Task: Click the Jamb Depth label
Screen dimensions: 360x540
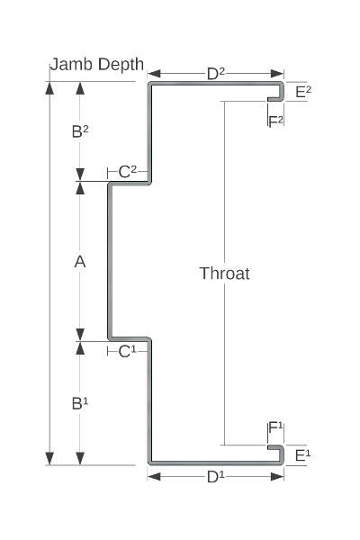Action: coord(97,65)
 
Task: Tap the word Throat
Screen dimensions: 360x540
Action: coord(225,274)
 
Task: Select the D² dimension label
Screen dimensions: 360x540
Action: coord(216,74)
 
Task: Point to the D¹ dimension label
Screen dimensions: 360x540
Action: coord(216,477)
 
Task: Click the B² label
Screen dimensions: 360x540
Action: coord(80,131)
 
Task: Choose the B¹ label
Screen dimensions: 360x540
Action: coord(80,403)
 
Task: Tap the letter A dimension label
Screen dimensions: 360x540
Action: coord(80,262)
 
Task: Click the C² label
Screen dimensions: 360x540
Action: coord(128,172)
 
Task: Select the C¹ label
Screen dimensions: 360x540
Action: coord(128,352)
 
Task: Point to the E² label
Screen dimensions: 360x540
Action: coord(303,92)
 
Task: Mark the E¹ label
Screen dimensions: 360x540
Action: coord(302,455)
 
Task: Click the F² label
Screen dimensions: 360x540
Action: coord(275,121)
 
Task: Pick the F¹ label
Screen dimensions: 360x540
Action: coord(275,427)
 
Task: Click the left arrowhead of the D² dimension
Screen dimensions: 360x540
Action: coord(154,74)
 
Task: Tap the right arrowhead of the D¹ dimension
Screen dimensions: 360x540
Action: coord(277,477)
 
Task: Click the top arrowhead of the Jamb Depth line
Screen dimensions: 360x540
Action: coord(50,88)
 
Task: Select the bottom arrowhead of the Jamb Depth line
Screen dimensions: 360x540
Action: coord(50,459)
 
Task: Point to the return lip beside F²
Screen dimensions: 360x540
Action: coord(274,100)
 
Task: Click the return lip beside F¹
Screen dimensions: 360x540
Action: coord(274,447)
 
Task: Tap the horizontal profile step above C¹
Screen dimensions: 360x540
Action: coord(130,339)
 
